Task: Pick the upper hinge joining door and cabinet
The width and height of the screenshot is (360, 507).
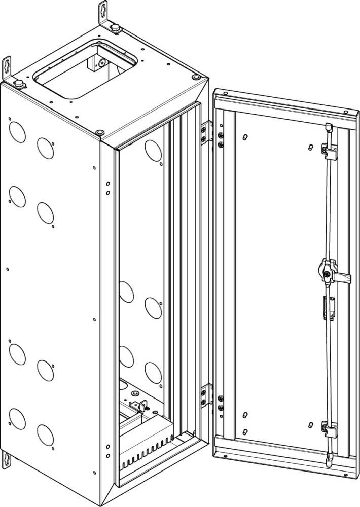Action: (206, 133)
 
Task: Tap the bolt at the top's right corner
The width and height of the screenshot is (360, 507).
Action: (196, 77)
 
